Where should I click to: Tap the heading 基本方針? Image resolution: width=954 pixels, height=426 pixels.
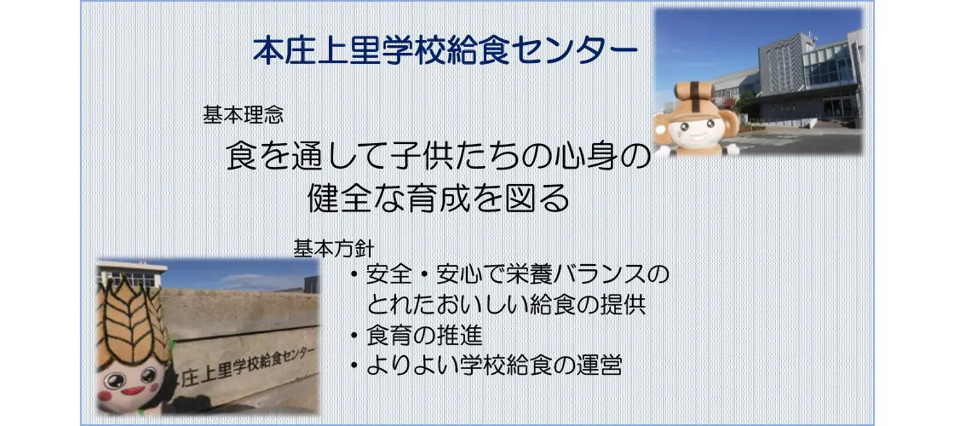tap(333, 248)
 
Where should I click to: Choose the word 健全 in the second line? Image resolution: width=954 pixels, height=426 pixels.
tap(337, 199)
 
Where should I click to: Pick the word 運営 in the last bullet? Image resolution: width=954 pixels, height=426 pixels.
tap(600, 366)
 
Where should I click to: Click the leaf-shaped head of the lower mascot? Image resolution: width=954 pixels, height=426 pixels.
tap(133, 320)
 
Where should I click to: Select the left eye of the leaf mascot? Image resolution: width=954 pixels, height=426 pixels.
tap(116, 380)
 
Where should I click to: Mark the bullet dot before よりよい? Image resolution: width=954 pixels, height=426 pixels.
tap(354, 366)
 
